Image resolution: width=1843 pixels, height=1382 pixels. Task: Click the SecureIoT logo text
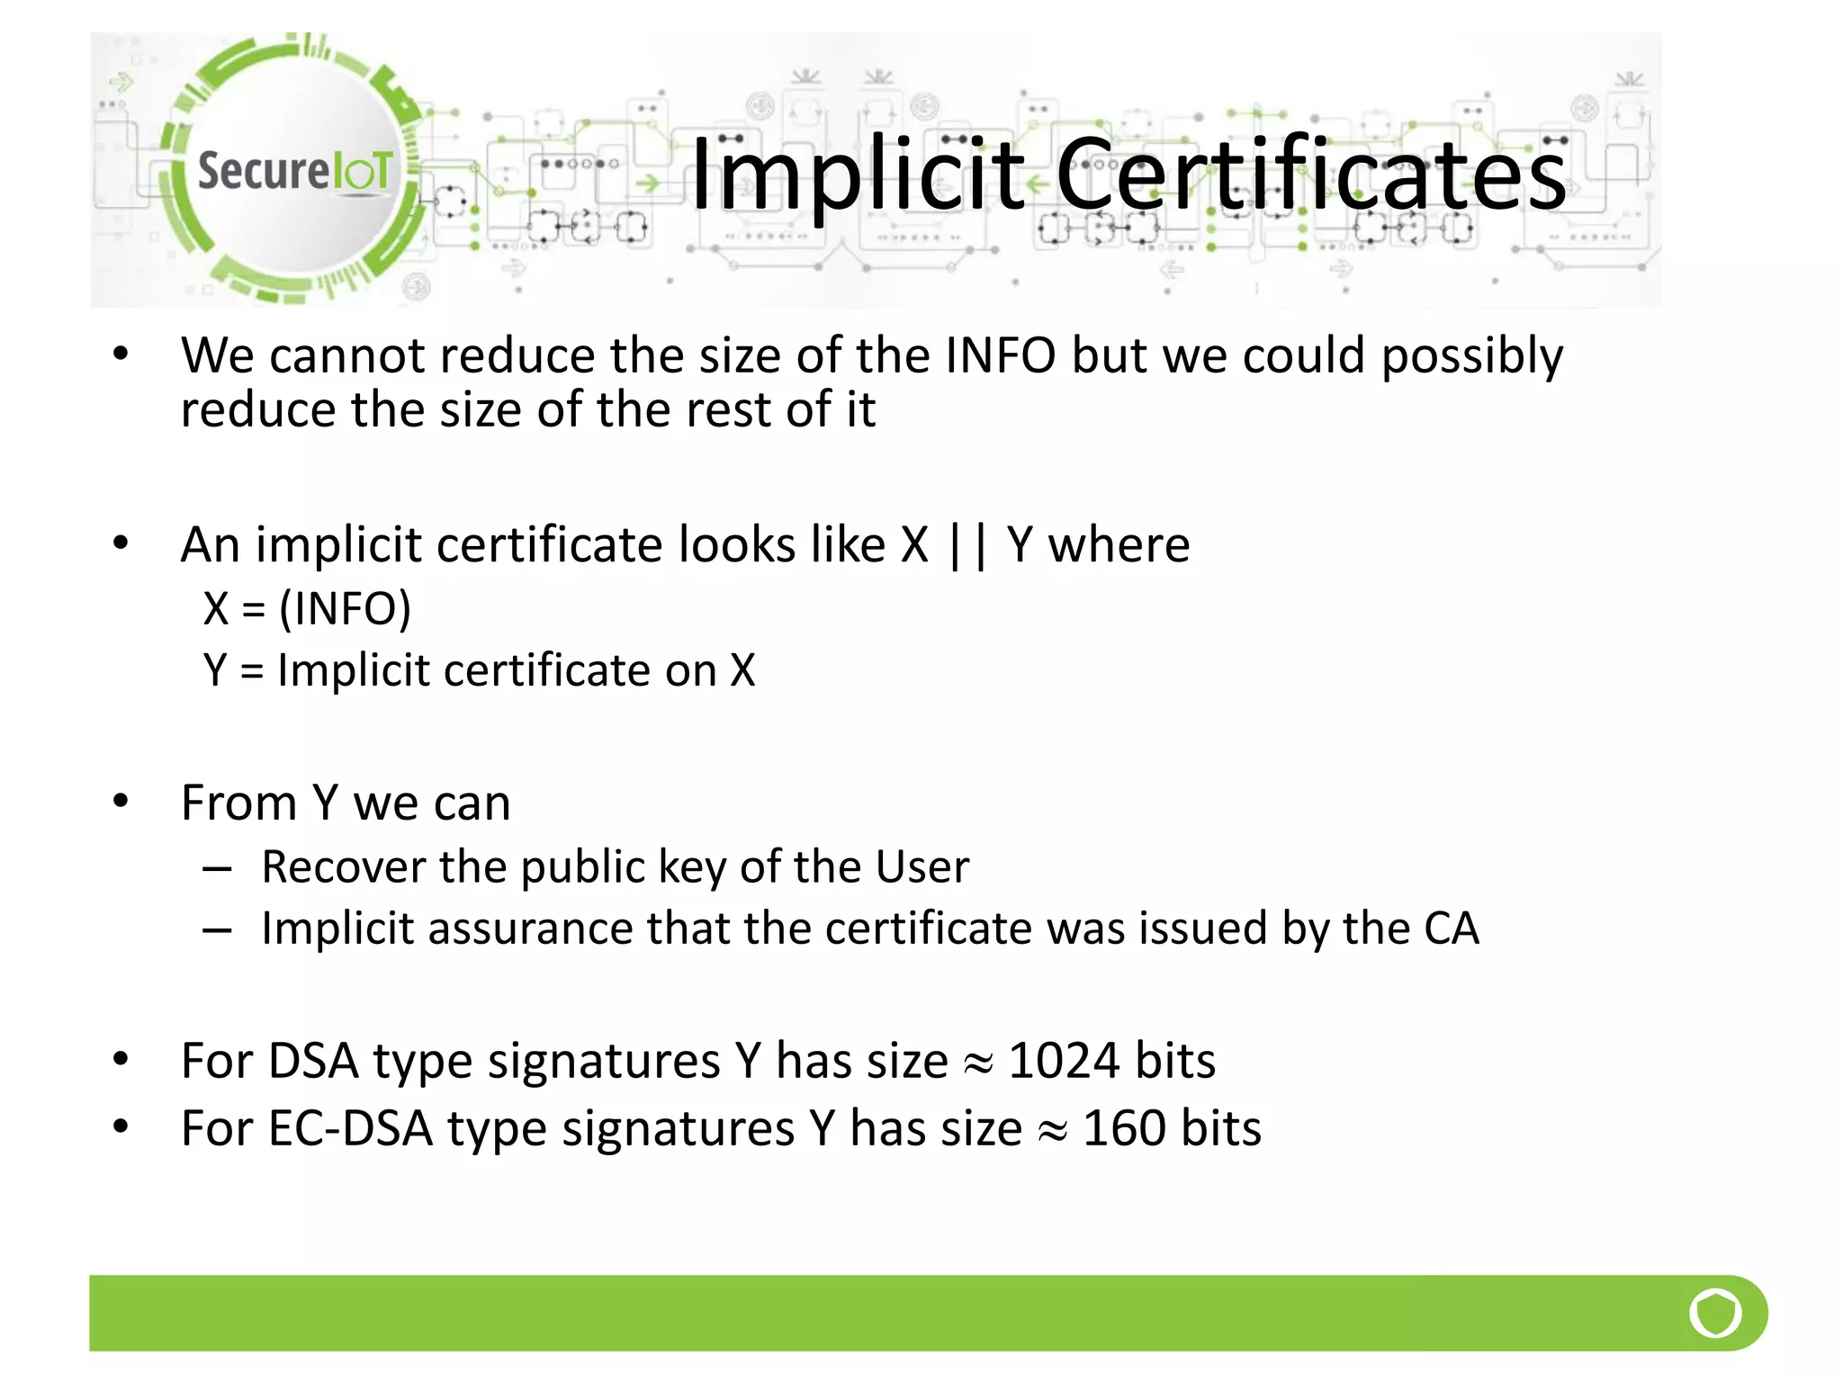tap(294, 170)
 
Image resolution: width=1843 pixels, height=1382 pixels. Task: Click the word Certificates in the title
tap(1311, 175)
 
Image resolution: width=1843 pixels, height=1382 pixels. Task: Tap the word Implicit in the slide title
tap(858, 175)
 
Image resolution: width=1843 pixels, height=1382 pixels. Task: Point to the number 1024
tap(1064, 1061)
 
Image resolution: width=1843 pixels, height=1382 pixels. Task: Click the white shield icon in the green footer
tap(1715, 1313)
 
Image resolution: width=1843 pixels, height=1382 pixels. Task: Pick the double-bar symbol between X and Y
tap(967, 545)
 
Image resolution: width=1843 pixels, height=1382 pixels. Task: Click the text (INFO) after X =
tap(345, 608)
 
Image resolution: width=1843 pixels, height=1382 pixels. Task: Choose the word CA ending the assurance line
tap(1452, 929)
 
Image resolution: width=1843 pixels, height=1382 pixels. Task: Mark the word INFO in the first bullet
tap(1001, 355)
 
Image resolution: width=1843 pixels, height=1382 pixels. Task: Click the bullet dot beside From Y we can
tap(121, 801)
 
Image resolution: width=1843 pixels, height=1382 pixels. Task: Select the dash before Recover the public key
tap(218, 869)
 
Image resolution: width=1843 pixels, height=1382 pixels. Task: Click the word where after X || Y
tap(1119, 545)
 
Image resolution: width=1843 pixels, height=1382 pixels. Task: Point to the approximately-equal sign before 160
tap(1052, 1132)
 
